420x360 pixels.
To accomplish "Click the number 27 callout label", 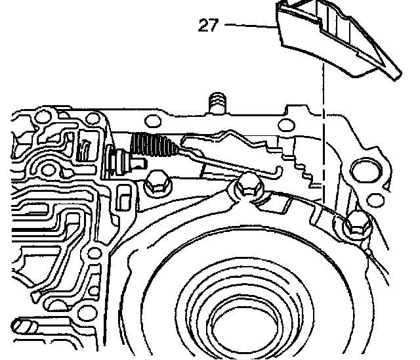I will [208, 26].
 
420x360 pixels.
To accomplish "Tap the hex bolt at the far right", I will [354, 225].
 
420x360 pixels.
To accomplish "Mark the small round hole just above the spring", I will [152, 120].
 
